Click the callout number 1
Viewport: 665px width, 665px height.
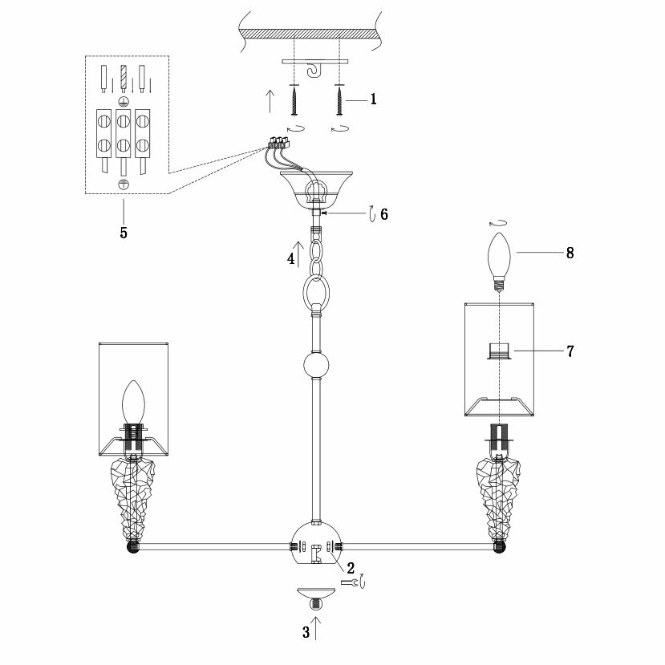pyautogui.click(x=373, y=100)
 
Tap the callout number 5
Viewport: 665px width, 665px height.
pyautogui.click(x=124, y=233)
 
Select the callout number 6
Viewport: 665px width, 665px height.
pyautogui.click(x=383, y=214)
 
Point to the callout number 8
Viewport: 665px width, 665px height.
pyautogui.click(x=569, y=253)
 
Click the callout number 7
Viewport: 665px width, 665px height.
pyautogui.click(x=569, y=351)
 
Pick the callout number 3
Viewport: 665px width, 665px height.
pyautogui.click(x=306, y=632)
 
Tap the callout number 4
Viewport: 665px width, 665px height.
pyautogui.click(x=291, y=258)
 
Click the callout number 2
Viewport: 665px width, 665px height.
pyautogui.click(x=351, y=567)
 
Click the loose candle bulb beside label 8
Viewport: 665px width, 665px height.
pyautogui.click(x=500, y=258)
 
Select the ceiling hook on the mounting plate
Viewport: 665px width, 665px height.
pyautogui.click(x=314, y=71)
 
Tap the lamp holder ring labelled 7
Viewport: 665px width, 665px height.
pyautogui.click(x=500, y=351)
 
